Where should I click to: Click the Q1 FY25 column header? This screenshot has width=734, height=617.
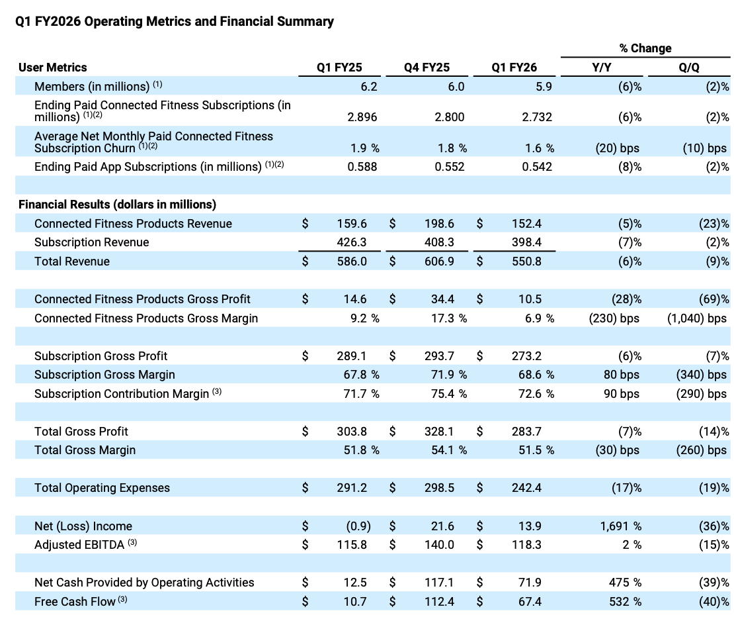tap(340, 67)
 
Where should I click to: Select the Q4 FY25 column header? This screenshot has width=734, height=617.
tap(427, 67)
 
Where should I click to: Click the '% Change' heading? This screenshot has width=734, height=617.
tap(645, 48)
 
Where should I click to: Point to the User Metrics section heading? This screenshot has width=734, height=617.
tap(53, 67)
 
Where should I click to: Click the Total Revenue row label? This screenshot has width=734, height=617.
tap(72, 261)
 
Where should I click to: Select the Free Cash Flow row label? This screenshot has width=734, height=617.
tap(75, 601)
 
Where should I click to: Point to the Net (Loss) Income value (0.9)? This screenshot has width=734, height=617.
tap(358, 526)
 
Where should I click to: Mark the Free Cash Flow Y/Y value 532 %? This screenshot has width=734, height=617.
tap(625, 601)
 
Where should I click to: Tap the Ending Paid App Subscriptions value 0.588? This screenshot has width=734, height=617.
tap(362, 167)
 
